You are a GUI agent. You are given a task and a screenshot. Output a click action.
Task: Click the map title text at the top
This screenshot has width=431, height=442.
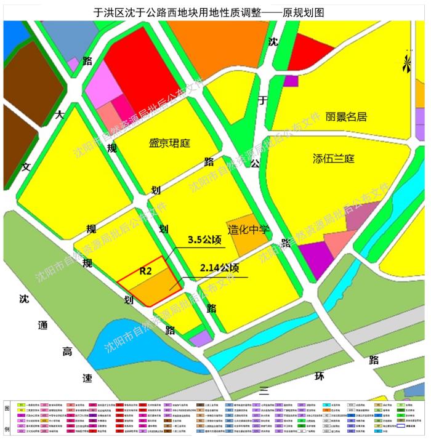tap(216, 12)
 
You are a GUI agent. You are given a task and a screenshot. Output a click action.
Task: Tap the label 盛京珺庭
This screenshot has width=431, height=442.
tap(170, 143)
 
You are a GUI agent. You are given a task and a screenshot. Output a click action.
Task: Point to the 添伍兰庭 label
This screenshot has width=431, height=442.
tap(334, 159)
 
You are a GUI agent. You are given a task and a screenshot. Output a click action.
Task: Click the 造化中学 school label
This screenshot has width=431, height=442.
tap(249, 230)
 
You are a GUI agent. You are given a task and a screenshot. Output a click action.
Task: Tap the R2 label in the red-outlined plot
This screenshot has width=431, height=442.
tap(146, 270)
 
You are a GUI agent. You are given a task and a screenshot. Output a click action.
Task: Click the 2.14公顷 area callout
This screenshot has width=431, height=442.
tap(219, 268)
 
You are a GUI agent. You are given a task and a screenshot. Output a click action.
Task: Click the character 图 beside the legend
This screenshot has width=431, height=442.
tap(7, 409)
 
